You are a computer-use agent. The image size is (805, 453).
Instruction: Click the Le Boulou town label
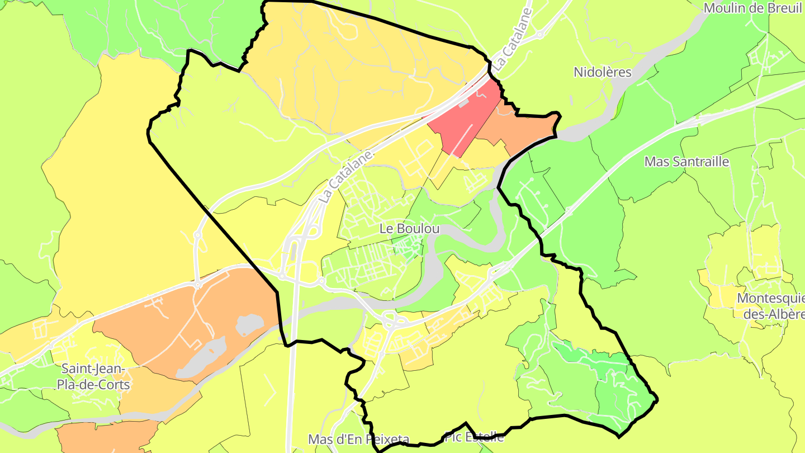409,229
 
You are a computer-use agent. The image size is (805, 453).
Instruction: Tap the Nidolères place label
603,72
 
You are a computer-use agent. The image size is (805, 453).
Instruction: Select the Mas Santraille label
686,162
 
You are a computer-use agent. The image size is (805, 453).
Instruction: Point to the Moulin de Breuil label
752,8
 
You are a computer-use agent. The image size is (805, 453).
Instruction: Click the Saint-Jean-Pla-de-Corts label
95,377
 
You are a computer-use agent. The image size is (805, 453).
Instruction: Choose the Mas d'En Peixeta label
359,440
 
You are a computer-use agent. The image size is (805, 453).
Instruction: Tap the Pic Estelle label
475,437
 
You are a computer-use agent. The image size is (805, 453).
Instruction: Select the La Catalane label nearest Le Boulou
345,176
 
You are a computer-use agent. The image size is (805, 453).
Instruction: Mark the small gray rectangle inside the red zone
463,103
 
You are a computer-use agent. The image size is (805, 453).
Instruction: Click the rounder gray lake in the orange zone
249,324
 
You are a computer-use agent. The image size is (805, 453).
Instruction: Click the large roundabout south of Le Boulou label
395,321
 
